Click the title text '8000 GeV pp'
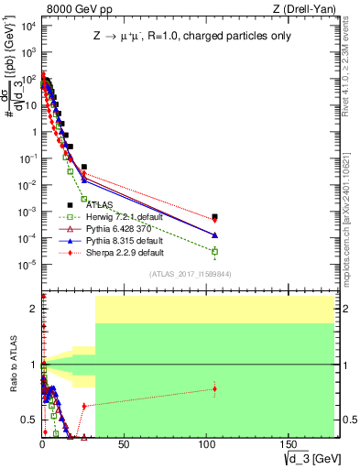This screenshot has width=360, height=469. coord(75,8)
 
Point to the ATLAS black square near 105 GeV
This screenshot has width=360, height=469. coord(214,217)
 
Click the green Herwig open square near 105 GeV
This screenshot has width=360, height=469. coord(214,251)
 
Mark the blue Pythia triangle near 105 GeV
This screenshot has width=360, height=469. coord(214,234)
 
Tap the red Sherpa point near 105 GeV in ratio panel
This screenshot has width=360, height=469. coord(214,389)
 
